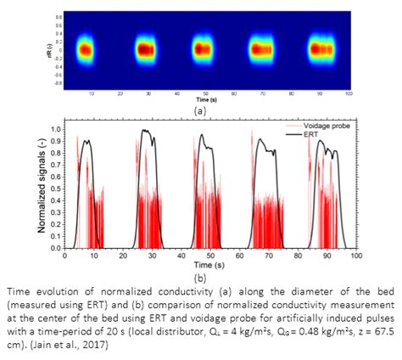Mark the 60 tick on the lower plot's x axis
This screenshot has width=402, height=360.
pos(240,256)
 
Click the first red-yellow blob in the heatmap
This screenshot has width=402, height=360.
pos(87,50)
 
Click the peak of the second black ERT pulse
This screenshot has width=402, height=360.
pos(146,130)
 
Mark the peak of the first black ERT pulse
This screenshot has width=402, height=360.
pos(87,141)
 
